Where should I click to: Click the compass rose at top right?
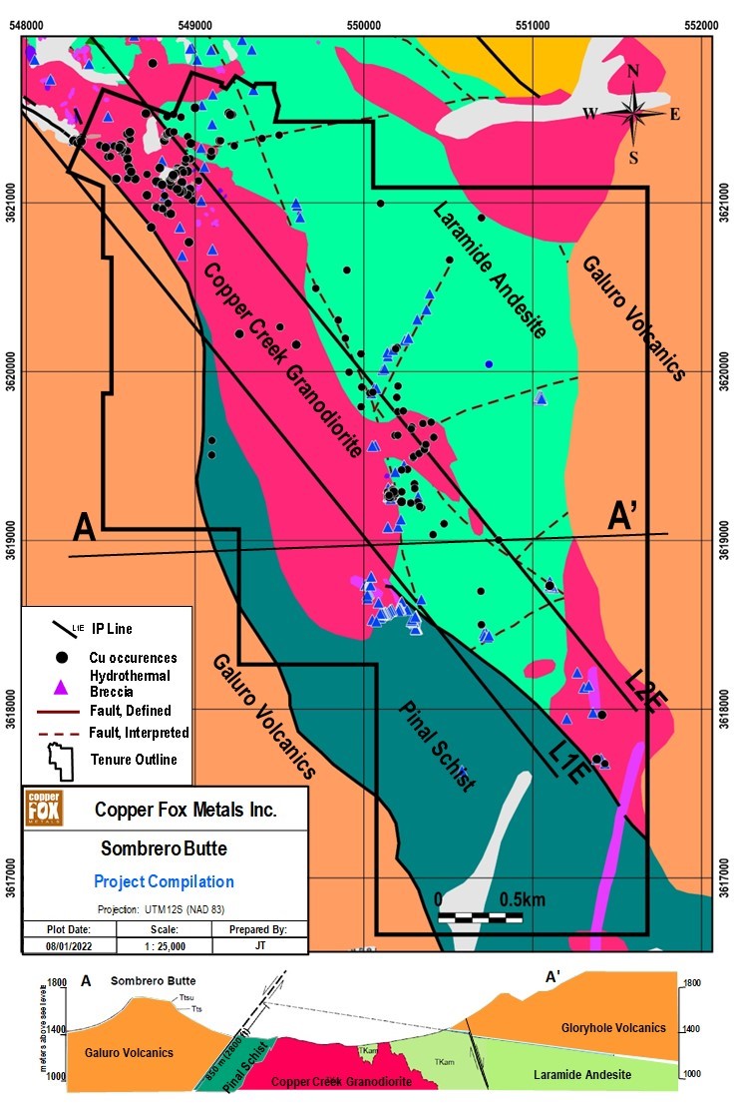point(634,112)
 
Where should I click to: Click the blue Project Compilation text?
point(165,881)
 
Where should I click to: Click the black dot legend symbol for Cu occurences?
point(62,657)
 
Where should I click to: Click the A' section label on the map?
point(626,516)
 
